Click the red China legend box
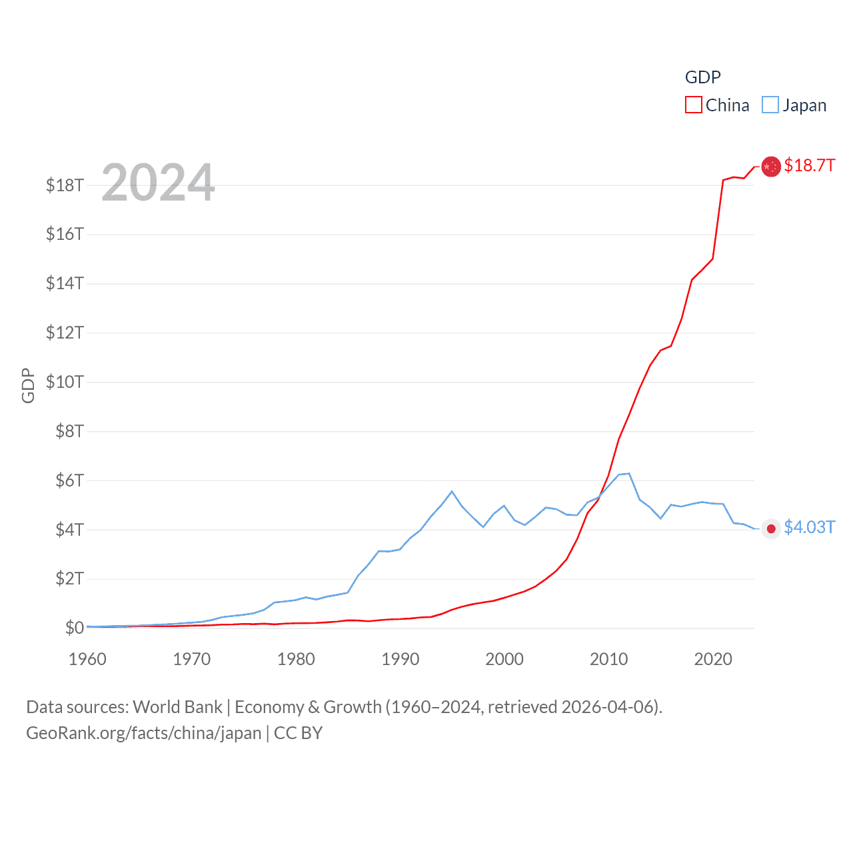pos(694,105)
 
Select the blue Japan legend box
pos(770,105)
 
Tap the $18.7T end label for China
pos(809,165)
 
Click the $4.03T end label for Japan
pos(809,527)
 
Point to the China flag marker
pos(771,167)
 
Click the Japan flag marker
pos(771,528)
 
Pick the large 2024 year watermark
pos(158,182)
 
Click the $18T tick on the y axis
pos(65,185)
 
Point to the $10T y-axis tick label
pos(65,382)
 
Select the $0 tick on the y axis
pos(74,628)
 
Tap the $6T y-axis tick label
pos(69,480)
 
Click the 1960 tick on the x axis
pos(87,659)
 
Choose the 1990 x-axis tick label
pos(400,659)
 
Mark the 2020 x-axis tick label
pos(713,659)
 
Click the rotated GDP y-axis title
pos(27,385)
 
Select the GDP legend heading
pos(702,77)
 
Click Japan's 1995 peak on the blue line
pos(452,491)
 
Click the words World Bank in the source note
pos(177,706)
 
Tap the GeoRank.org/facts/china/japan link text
pos(144,733)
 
